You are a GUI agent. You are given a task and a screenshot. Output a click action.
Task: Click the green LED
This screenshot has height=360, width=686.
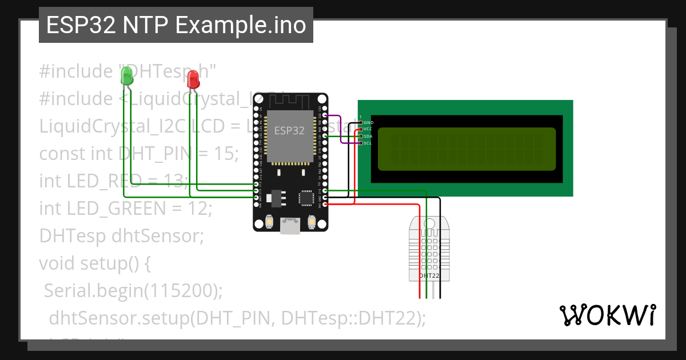[x=126, y=75]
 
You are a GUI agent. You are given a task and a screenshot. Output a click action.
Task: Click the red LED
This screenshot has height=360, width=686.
[x=194, y=79]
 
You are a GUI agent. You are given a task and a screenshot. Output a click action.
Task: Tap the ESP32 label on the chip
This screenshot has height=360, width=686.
[x=288, y=130]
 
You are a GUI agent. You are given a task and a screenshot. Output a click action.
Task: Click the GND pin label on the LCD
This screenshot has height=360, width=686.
[x=369, y=122]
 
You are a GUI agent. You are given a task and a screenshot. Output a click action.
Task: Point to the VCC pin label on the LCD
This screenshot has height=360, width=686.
[x=368, y=129]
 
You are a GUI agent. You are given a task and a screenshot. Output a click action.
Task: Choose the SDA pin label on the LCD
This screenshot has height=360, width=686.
[x=368, y=137]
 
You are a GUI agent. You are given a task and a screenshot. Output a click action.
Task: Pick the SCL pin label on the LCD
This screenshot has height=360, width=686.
[x=368, y=143]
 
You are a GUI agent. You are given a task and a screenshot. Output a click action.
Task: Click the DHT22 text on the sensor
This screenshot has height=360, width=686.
[x=429, y=275]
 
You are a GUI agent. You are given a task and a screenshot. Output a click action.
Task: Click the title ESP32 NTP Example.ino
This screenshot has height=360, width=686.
[x=176, y=25]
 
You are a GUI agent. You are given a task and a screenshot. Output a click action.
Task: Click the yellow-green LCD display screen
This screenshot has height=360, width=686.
[x=466, y=149]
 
